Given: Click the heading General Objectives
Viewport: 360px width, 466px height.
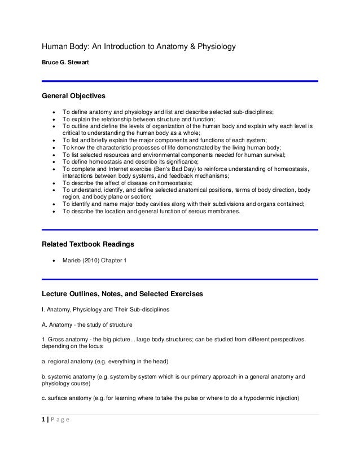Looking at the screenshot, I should point(72,96).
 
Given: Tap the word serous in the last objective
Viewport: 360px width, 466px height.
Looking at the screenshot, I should point(176,212).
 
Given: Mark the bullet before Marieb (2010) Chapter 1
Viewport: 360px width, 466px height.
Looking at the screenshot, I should point(53,262).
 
